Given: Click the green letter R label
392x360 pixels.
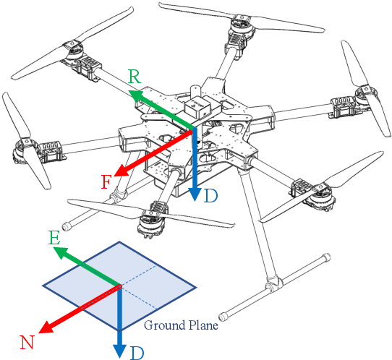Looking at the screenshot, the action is (135, 77).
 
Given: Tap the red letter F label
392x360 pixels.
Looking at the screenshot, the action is (106, 182).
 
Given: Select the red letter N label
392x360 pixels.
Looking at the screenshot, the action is (27, 343).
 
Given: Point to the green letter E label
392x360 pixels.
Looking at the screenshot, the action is (54, 238).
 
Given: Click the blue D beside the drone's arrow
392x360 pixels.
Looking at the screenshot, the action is (210, 196).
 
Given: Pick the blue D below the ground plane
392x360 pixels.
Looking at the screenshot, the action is (137, 353).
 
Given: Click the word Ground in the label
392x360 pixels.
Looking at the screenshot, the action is (164, 325).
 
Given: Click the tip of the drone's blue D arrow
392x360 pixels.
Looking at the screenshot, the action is (195, 201).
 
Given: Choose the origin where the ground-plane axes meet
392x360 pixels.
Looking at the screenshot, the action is (119, 286).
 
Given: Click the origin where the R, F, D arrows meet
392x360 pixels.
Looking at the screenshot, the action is (194, 129).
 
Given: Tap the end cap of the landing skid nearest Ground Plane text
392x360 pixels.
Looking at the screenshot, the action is (222, 317).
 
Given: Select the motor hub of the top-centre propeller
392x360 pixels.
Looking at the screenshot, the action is (241, 22).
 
